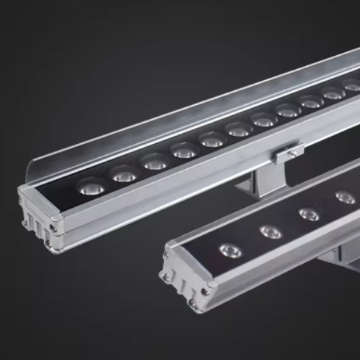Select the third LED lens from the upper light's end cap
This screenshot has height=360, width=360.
pyautogui.click(x=154, y=162)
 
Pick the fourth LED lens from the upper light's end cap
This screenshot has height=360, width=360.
pyautogui.click(x=184, y=151)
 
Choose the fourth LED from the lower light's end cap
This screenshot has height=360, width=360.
pyautogui.click(x=344, y=197)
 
